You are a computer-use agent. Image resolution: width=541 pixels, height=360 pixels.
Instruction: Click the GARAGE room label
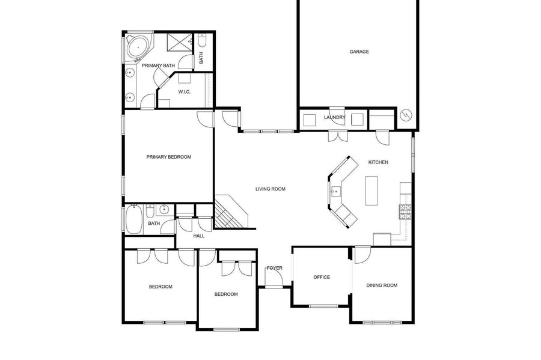pos(359,52)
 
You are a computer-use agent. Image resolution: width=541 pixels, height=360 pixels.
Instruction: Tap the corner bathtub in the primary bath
pos(138,47)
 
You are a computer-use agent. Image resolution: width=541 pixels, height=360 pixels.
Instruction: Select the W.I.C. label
pos(185,92)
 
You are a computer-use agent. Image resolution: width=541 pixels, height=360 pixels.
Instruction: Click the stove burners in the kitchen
pos(405,212)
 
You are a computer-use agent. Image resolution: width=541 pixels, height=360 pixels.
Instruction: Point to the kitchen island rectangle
pos(371,191)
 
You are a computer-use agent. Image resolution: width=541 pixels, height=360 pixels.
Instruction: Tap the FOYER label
pos(275,268)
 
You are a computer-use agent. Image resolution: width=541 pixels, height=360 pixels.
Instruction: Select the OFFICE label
pos(322,277)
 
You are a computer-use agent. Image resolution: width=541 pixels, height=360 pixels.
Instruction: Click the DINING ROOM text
pos(382,285)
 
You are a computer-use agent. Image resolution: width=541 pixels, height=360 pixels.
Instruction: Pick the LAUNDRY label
pos(334,117)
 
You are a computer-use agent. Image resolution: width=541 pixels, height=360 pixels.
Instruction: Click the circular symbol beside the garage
pos(406,115)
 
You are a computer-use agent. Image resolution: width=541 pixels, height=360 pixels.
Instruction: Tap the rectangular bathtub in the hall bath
pos(134,219)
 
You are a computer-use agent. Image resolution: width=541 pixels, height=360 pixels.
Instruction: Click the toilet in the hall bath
pos(150,211)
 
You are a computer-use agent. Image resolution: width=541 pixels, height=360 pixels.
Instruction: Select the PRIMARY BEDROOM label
pos(169,157)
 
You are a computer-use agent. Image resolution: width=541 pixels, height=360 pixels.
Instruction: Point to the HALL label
pos(199,236)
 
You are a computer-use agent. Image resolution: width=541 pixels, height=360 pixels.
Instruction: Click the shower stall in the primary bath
pos(179,43)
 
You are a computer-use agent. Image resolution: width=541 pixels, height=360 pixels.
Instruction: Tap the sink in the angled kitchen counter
pos(335,191)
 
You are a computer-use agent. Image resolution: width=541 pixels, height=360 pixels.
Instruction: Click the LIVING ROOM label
pos(270,189)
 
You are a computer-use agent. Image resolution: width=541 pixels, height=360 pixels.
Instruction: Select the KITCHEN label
pos(378,162)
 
